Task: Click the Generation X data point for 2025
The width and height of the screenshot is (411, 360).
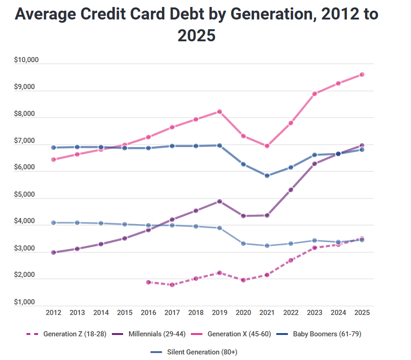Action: pyautogui.click(x=362, y=75)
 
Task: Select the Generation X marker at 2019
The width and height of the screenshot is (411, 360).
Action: pyautogui.click(x=219, y=112)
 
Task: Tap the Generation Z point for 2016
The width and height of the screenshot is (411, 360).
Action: pyautogui.click(x=149, y=282)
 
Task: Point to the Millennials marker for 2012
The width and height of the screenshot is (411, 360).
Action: pyautogui.click(x=53, y=252)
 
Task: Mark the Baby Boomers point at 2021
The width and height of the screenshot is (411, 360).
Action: pyautogui.click(x=267, y=176)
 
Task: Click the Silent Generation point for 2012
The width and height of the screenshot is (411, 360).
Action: pyautogui.click(x=53, y=223)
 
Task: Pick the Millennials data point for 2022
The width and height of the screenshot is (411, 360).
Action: pyautogui.click(x=291, y=190)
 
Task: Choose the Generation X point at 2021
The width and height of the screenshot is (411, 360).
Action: pyautogui.click(x=267, y=146)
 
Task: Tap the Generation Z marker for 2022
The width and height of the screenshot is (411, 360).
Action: pyautogui.click(x=291, y=261)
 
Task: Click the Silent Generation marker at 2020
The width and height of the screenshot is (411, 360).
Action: pyautogui.click(x=243, y=244)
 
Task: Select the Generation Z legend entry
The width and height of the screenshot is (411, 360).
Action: pyautogui.click(x=70, y=334)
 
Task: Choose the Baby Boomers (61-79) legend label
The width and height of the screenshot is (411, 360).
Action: pyautogui.click(x=327, y=334)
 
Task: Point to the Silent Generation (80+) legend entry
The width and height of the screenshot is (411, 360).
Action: pyautogui.click(x=202, y=352)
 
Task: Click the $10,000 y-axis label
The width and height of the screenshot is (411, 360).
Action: pyautogui.click(x=26, y=60)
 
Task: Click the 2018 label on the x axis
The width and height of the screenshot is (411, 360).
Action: pyautogui.click(x=196, y=313)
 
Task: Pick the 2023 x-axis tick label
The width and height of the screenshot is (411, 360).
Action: pyautogui.click(x=314, y=313)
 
